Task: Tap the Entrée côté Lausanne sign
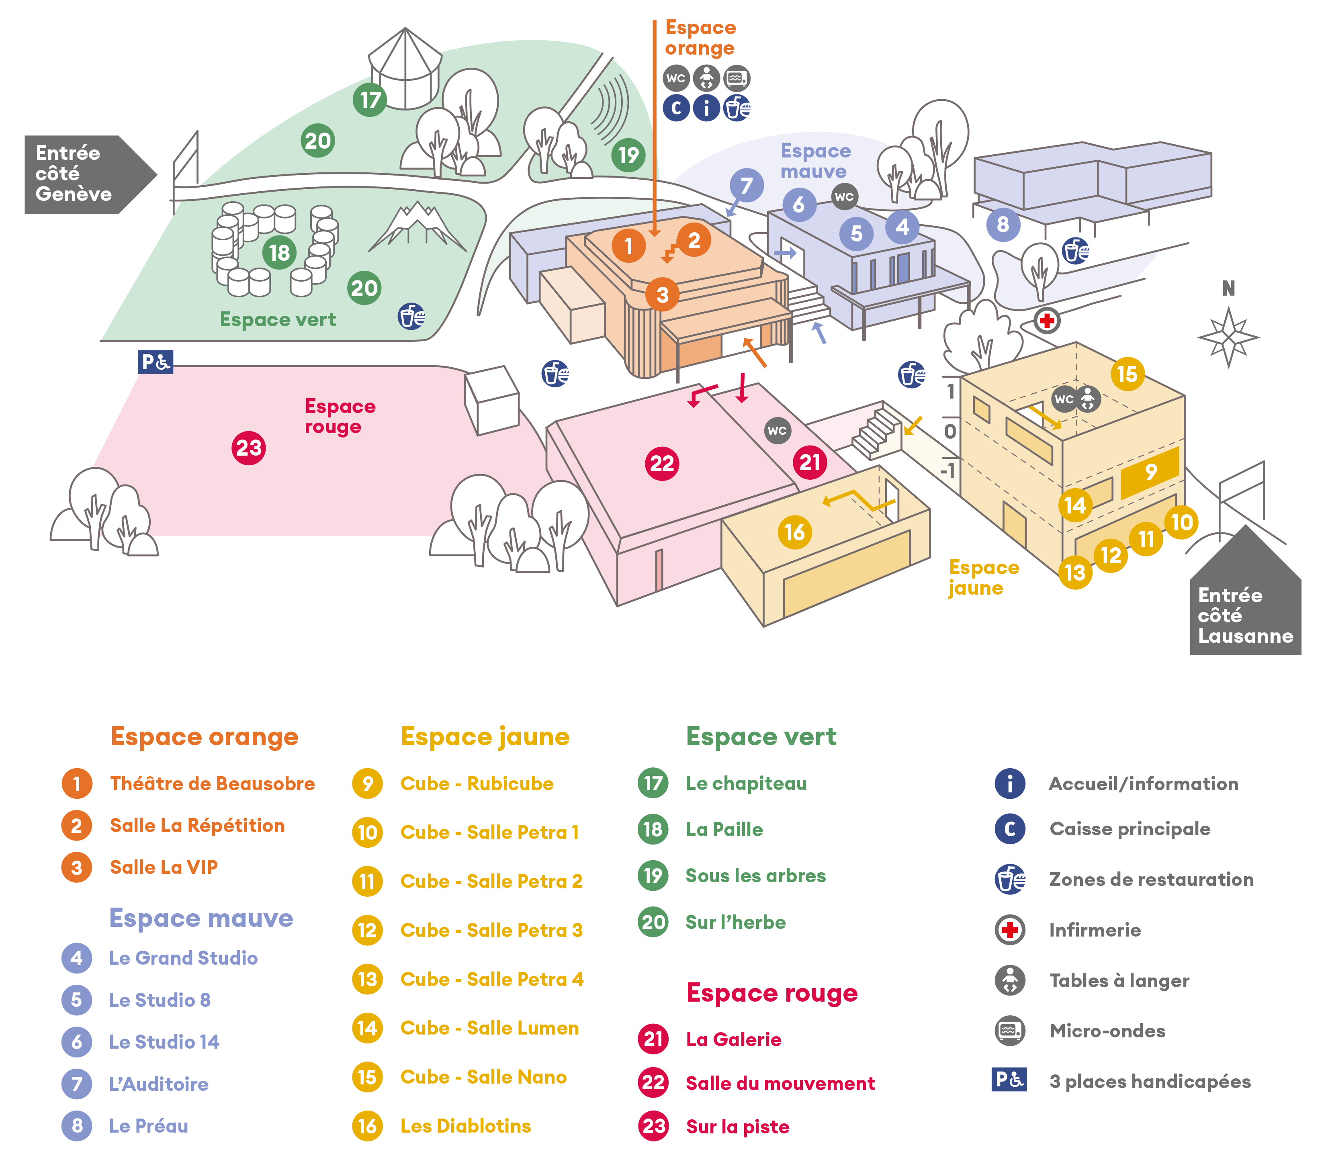click(x=1244, y=614)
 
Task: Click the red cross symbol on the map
click(x=1046, y=321)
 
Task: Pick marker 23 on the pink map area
click(x=248, y=448)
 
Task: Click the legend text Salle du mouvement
click(x=780, y=1083)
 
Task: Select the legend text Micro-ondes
click(x=1107, y=1031)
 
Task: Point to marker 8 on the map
click(x=1003, y=225)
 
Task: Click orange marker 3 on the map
click(x=662, y=295)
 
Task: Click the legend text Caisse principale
click(x=1130, y=828)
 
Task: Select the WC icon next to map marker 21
click(x=777, y=430)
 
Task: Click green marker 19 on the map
click(x=628, y=155)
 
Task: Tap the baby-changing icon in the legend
click(x=1009, y=980)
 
